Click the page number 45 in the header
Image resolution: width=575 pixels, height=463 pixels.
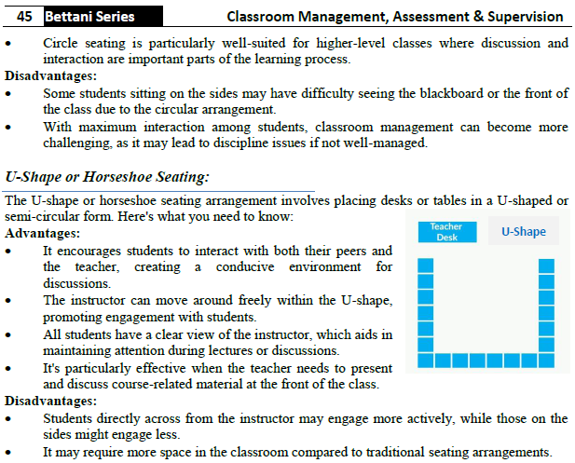click(x=25, y=17)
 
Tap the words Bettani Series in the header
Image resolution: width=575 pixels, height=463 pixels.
click(x=89, y=17)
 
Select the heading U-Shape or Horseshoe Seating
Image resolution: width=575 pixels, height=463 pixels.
click(x=107, y=175)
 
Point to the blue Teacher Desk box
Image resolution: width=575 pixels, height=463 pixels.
click(x=446, y=232)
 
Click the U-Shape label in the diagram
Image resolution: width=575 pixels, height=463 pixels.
click(x=524, y=231)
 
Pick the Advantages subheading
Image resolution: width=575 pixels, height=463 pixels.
click(x=42, y=233)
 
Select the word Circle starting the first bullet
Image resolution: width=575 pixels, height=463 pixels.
click(x=62, y=44)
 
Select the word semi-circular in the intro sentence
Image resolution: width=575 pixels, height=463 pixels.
click(x=44, y=216)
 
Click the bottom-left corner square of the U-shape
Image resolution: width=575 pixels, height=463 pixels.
click(x=426, y=360)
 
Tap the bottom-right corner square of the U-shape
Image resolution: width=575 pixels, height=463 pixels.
click(x=547, y=360)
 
